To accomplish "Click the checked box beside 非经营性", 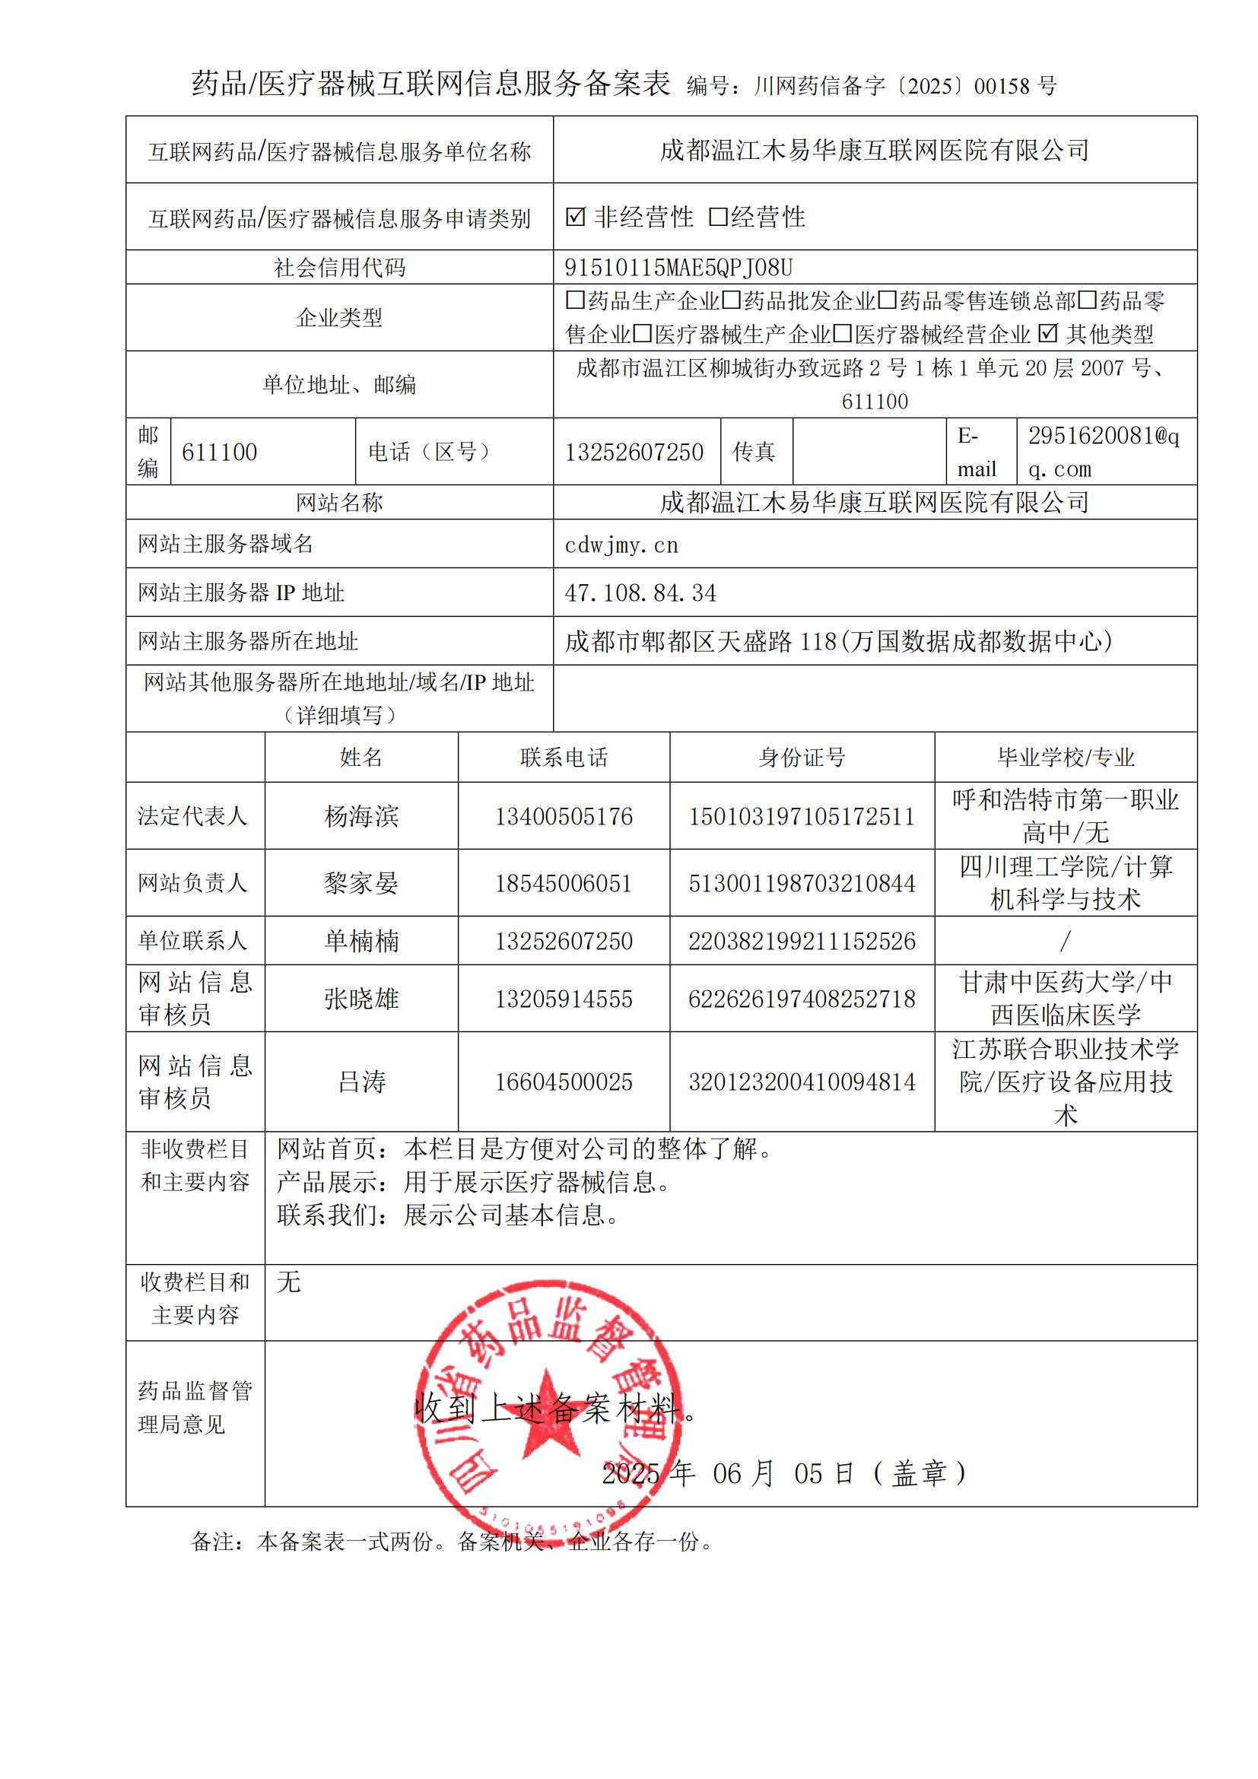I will pyautogui.click(x=575, y=218).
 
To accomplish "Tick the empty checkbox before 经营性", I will pyautogui.click(x=718, y=218).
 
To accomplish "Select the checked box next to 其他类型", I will pyautogui.click(x=1047, y=333).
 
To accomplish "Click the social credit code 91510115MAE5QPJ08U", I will pyautogui.click(x=678, y=267).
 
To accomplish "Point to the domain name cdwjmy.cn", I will pyautogui.click(x=621, y=545).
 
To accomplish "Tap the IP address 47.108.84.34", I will pyautogui.click(x=640, y=593).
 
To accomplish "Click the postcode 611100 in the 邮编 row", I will pyautogui.click(x=219, y=453).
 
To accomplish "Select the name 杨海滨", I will pyautogui.click(x=361, y=817).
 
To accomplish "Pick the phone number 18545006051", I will pyautogui.click(x=563, y=884).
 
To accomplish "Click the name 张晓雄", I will pyautogui.click(x=361, y=999).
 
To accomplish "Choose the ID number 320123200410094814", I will pyautogui.click(x=802, y=1082).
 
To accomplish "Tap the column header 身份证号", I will pyautogui.click(x=802, y=758).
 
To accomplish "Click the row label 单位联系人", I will pyautogui.click(x=193, y=942).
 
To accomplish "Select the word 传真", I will pyautogui.click(x=754, y=453).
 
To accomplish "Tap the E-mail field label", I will pyautogui.click(x=976, y=453).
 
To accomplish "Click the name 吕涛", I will pyautogui.click(x=361, y=1082).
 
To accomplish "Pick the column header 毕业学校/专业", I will pyautogui.click(x=1065, y=758).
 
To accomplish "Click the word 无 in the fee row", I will pyautogui.click(x=288, y=1282).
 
